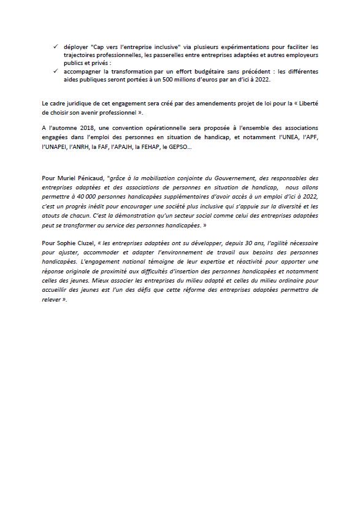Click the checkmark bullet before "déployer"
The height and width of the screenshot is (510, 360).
(56, 46)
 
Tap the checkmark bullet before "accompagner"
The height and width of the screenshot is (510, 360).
(56, 71)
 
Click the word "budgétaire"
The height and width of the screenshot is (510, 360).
(197, 71)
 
